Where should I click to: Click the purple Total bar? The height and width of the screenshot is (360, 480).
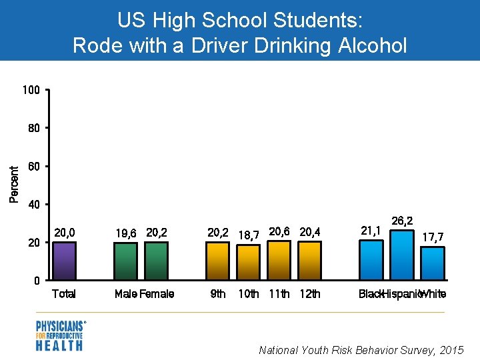click(65, 261)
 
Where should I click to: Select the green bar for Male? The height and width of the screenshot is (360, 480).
click(125, 261)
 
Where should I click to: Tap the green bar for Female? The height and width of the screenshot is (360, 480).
click(157, 261)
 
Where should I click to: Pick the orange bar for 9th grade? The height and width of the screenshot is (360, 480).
click(217, 261)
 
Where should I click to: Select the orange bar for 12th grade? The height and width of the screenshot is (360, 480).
click(309, 261)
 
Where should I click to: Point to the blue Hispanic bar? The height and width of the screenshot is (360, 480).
click(401, 255)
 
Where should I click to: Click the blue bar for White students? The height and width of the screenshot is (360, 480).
click(432, 263)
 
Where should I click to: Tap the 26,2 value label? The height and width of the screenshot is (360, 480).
click(401, 221)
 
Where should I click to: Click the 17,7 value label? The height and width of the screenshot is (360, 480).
click(433, 237)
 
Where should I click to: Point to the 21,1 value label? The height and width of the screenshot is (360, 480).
click(370, 231)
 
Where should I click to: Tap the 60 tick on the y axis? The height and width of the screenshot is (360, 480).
click(34, 165)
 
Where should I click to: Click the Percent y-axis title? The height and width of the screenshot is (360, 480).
click(13, 184)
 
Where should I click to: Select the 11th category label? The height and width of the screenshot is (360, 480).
click(279, 294)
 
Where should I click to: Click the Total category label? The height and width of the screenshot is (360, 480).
click(64, 294)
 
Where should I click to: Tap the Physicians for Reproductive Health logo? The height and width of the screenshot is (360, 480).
click(60, 335)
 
